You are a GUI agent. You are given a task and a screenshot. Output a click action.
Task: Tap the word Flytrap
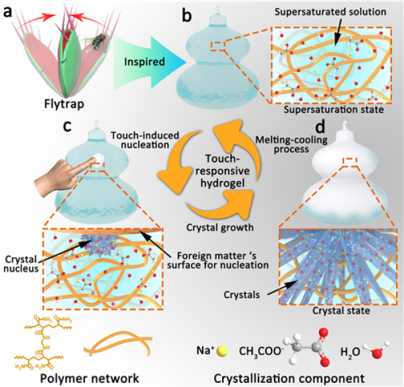tap(59, 106)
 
